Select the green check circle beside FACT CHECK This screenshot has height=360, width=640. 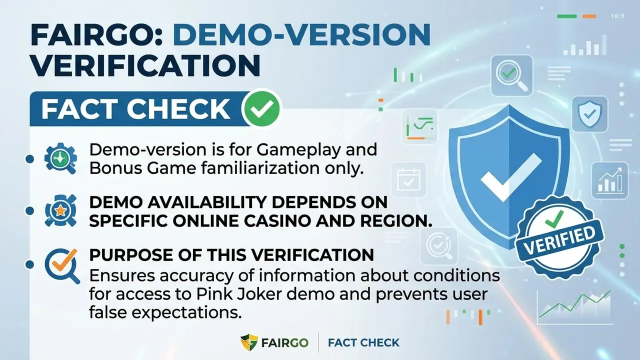[261, 108]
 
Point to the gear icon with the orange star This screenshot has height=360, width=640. [60, 210]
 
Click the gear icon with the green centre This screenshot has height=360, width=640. [60, 158]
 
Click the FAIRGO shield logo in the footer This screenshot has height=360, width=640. [249, 342]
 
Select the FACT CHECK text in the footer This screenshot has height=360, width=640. [363, 342]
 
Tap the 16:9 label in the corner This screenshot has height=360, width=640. [617, 16]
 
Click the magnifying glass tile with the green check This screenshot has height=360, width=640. [511, 75]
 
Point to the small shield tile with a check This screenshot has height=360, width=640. [589, 114]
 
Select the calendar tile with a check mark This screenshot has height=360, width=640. [408, 179]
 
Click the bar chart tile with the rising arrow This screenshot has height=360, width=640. [609, 180]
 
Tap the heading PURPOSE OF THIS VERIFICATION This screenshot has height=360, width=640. [231, 254]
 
